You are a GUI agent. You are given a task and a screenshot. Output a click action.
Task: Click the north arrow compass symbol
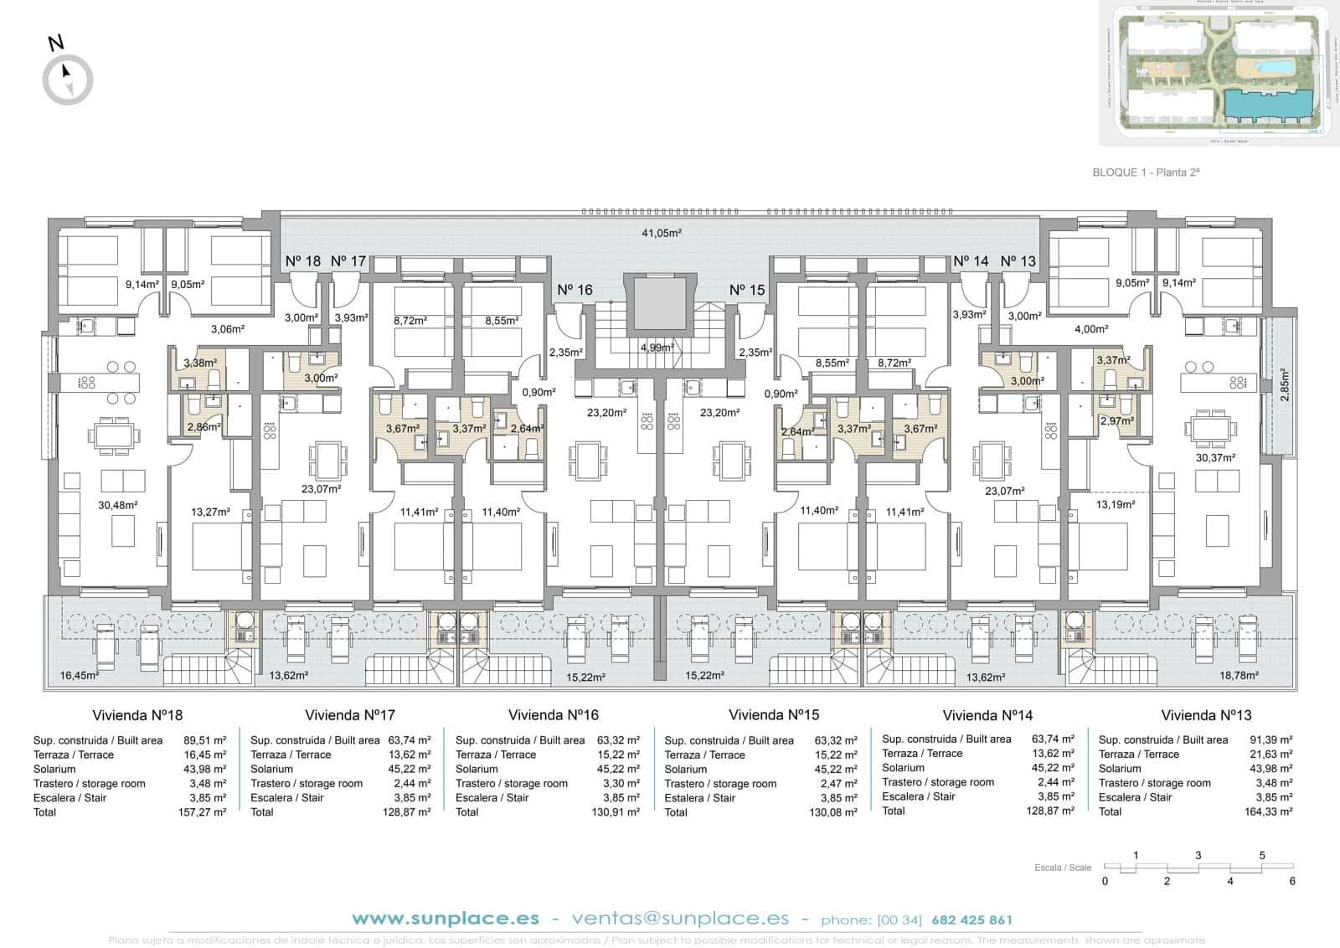pos(68,80)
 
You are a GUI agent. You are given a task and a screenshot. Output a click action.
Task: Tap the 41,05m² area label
pos(661,234)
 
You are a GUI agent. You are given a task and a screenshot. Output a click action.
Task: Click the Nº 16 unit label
pos(575,290)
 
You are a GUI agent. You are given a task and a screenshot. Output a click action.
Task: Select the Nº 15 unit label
pos(747,290)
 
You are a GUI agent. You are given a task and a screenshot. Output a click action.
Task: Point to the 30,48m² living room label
pos(117,505)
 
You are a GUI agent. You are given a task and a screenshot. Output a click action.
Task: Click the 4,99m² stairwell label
pos(657,348)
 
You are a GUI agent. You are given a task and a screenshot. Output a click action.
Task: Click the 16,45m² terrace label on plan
pos(80,675)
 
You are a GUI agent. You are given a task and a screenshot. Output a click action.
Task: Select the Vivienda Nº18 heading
pos(137,715)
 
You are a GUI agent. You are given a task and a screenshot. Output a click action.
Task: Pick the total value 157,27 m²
pos(204,812)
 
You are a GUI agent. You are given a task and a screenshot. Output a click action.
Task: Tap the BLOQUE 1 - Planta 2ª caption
pos(1147,173)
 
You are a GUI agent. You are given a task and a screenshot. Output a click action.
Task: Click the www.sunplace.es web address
pos(446,919)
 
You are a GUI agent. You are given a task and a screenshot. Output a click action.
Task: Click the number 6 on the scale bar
pos(1292,881)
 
